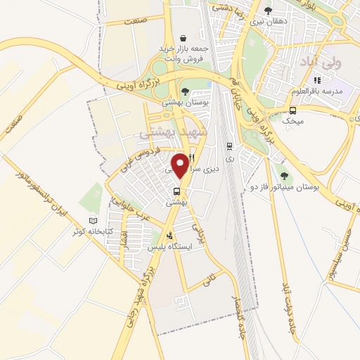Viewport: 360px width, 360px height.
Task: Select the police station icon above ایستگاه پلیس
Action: pyautogui.click(x=169, y=236)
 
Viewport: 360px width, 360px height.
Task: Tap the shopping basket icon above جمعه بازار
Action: pyautogui.click(x=183, y=38)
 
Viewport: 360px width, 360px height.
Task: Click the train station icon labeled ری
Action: pyautogui.click(x=229, y=146)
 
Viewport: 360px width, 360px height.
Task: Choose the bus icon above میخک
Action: pyautogui.click(x=292, y=110)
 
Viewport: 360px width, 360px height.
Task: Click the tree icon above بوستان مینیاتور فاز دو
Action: pyautogui.click(x=284, y=176)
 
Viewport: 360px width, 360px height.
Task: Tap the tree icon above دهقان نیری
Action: pyautogui.click(x=267, y=11)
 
